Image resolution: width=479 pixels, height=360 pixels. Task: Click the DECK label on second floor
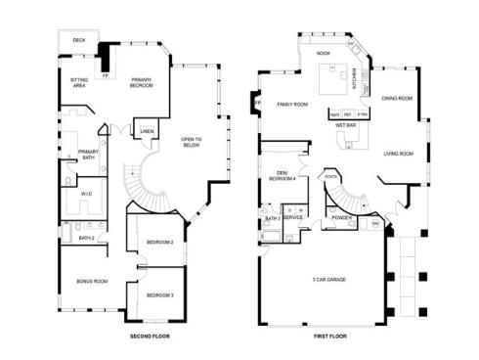pos(78,40)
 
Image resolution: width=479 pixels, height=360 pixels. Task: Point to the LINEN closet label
pos(146,130)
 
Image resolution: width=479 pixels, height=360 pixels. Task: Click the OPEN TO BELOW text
pos(191,143)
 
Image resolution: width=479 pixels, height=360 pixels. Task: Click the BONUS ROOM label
pos(92,281)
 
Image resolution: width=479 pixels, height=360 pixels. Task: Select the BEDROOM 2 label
pos(159,241)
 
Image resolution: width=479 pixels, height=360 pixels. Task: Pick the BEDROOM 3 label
pos(159,294)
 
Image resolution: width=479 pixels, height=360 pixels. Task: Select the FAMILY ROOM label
pos(292,104)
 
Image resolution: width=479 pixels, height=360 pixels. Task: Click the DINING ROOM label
pos(396,98)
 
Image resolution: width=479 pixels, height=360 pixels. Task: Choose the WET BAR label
pos(344,125)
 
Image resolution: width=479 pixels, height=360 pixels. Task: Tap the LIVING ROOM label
pos(397,154)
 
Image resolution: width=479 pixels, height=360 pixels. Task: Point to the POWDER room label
pos(342,217)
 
